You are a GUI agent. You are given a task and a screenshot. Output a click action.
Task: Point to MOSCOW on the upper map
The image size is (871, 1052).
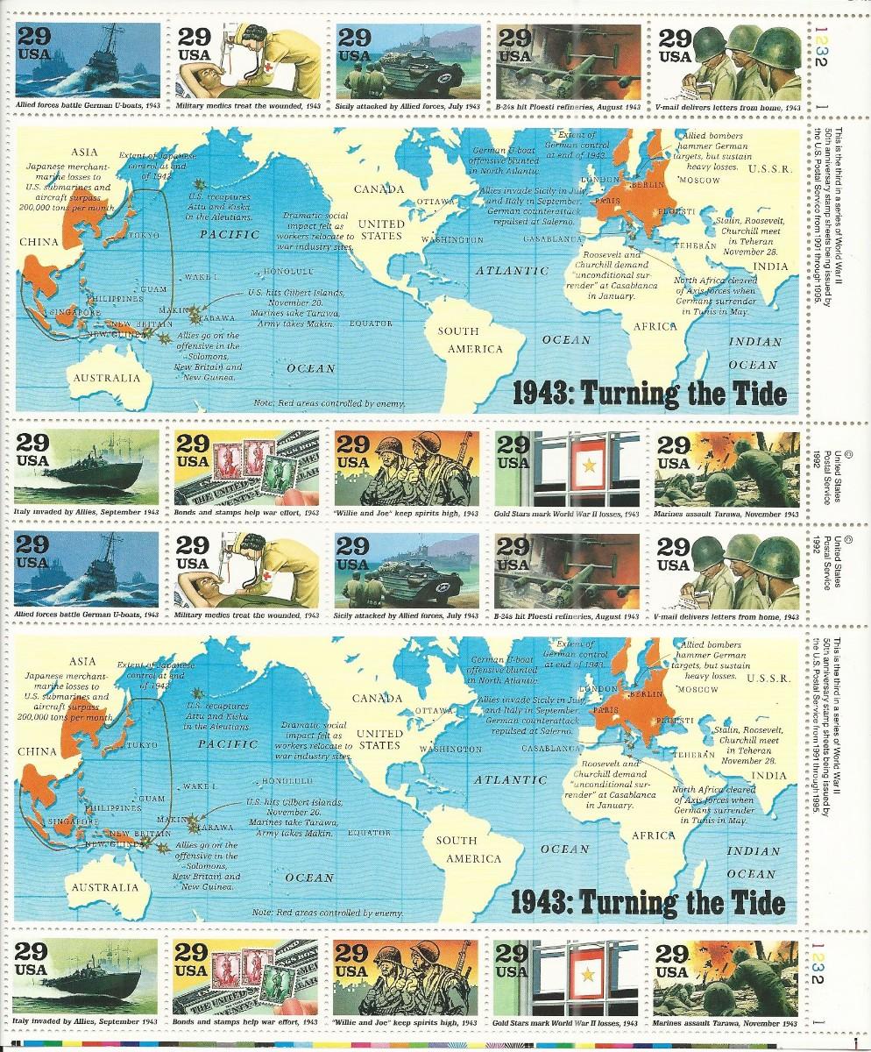[x=698, y=180]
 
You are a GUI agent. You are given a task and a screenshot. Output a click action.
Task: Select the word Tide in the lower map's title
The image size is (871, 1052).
[x=758, y=902]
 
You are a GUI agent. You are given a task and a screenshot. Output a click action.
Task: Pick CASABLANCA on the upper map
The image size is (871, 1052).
[x=554, y=238]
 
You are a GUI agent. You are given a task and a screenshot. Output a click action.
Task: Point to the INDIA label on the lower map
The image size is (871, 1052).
[x=768, y=776]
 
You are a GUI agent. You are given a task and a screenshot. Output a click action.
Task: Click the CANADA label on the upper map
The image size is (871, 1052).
[x=379, y=188]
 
